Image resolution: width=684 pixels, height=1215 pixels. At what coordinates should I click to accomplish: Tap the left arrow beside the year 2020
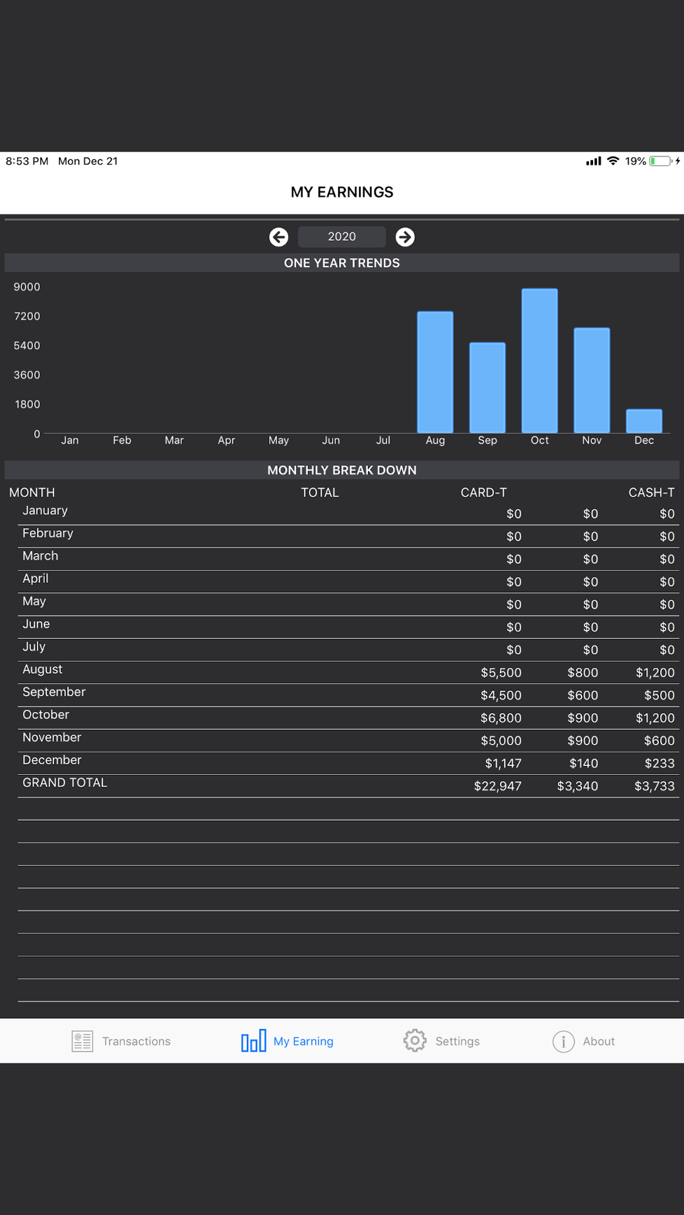(x=278, y=237)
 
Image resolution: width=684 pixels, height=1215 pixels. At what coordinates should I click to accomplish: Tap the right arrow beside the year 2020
(x=405, y=237)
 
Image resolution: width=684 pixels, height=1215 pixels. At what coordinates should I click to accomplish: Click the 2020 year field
(x=341, y=236)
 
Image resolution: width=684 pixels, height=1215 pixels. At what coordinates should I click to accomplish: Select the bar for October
(x=540, y=361)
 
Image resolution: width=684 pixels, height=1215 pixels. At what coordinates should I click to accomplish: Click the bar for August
(x=435, y=372)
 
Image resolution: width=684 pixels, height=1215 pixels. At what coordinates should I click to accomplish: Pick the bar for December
(x=644, y=421)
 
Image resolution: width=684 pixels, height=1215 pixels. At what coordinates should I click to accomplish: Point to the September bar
(x=487, y=387)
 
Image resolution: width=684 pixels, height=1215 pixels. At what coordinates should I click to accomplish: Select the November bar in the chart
(x=592, y=381)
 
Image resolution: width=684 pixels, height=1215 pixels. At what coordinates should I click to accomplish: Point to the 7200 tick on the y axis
(x=27, y=316)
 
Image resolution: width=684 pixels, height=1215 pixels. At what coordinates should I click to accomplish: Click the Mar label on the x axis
(x=174, y=441)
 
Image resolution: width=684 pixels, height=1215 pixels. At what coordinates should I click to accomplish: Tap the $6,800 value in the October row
(x=501, y=718)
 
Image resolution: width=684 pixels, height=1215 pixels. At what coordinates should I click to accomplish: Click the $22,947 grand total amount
(x=497, y=787)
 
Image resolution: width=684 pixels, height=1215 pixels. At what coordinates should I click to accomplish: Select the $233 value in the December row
(x=659, y=764)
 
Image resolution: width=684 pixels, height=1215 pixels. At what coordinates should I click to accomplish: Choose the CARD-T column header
(x=484, y=493)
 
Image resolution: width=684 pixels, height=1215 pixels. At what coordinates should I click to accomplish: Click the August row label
(x=42, y=670)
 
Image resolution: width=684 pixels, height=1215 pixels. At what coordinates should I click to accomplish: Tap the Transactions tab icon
(x=83, y=1041)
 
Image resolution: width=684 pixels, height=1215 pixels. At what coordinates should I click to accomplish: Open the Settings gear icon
(x=415, y=1041)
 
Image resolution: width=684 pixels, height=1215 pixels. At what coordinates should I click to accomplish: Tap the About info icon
(x=564, y=1041)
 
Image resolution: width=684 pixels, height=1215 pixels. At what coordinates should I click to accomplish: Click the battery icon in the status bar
(x=661, y=161)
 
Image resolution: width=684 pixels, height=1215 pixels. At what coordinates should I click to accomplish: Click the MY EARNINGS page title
(x=342, y=192)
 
